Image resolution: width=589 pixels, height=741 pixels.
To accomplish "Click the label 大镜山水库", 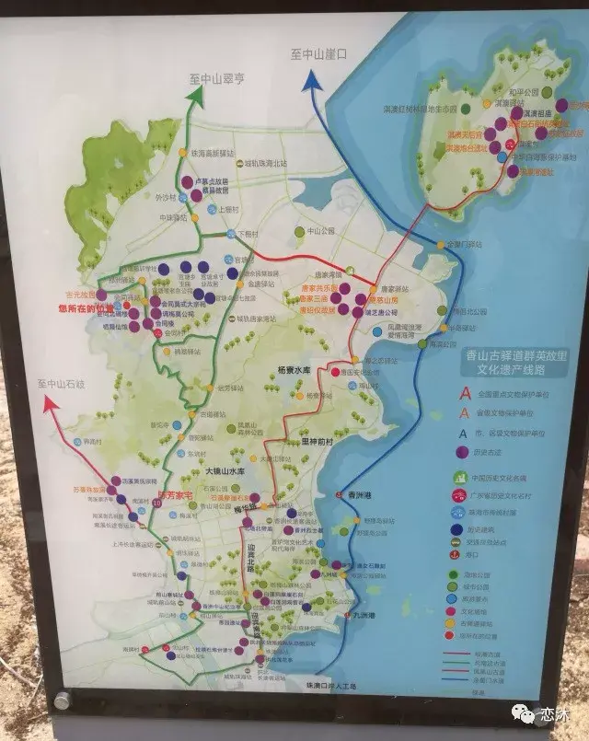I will coord(225,471).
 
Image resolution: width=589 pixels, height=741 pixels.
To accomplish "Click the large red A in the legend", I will coord(466,393).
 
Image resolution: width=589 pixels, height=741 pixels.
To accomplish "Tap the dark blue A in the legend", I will coord(466,432).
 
